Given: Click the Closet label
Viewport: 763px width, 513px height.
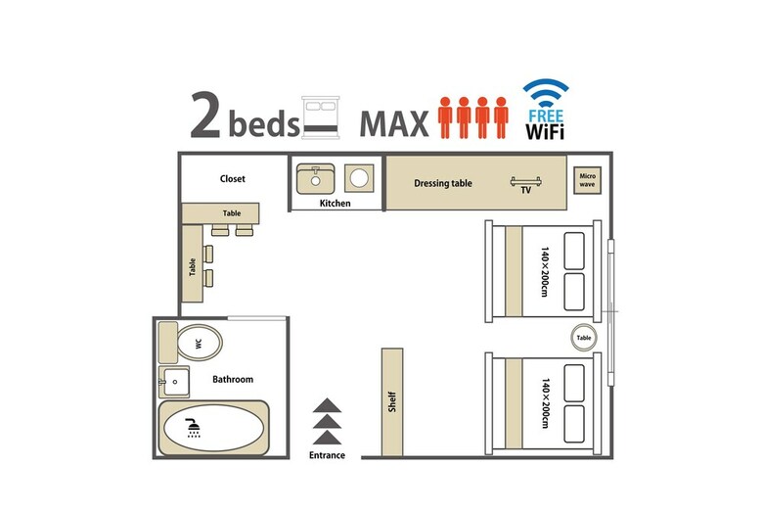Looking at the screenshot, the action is pyautogui.click(x=232, y=179).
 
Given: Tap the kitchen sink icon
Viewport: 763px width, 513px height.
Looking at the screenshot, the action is pyautogui.click(x=315, y=179).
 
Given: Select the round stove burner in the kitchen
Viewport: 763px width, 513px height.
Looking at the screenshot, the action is pyautogui.click(x=359, y=178).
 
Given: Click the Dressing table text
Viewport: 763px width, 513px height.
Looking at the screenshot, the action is pyautogui.click(x=443, y=183).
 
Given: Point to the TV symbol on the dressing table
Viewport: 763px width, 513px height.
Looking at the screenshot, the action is pyautogui.click(x=525, y=182).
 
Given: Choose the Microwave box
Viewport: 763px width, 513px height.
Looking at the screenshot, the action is pyautogui.click(x=587, y=180).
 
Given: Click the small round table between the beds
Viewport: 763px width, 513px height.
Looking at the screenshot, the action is pyautogui.click(x=584, y=337).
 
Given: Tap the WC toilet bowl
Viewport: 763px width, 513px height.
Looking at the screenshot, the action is pyautogui.click(x=200, y=343).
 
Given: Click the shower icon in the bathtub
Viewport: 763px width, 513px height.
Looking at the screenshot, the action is pyautogui.click(x=194, y=428).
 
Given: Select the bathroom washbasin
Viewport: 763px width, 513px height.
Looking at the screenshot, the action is pyautogui.click(x=174, y=382).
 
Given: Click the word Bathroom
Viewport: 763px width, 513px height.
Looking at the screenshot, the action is pyautogui.click(x=233, y=379).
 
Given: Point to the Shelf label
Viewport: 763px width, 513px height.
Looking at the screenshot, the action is pyautogui.click(x=392, y=402).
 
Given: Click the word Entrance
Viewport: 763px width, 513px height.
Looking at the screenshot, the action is pyautogui.click(x=327, y=455).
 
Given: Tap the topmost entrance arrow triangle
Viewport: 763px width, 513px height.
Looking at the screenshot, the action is pyautogui.click(x=327, y=405).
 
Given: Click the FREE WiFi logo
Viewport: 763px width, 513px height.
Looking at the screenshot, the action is pyautogui.click(x=546, y=110).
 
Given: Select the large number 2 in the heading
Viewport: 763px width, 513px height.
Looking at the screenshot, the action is pyautogui.click(x=205, y=115).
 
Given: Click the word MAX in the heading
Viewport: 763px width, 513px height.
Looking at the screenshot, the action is pyautogui.click(x=394, y=123).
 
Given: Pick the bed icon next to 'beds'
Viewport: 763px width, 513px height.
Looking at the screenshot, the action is pyautogui.click(x=320, y=117).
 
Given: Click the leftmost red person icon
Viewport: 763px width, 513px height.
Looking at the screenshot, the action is pyautogui.click(x=445, y=117).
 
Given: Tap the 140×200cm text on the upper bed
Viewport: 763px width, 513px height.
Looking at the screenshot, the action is pyautogui.click(x=545, y=271).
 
